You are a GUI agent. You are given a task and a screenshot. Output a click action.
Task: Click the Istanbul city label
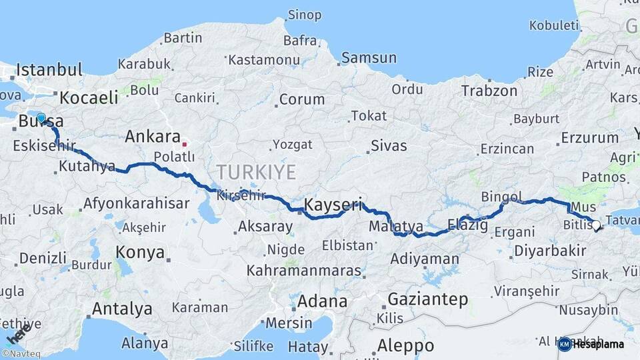point(49,69)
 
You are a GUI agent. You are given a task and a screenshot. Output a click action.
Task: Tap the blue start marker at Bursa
point(41,119)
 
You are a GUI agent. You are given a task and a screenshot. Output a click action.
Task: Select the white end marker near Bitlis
point(596,225)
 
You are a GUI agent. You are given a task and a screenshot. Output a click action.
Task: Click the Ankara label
point(152,137)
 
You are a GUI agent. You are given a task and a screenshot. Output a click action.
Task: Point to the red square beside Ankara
point(185,143)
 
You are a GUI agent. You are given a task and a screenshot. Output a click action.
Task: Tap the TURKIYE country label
point(255,172)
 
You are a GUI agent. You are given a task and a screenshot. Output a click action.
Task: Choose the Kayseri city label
point(333,203)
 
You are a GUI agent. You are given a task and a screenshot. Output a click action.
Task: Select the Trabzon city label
point(489,91)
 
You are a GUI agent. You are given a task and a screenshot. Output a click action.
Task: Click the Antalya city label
point(121,309)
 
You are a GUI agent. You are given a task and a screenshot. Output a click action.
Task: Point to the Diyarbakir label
point(550,251)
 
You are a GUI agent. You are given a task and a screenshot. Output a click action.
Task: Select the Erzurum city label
point(590,137)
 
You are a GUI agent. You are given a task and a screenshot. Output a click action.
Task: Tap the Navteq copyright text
point(21,353)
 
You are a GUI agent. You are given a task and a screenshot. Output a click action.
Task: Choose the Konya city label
point(140,252)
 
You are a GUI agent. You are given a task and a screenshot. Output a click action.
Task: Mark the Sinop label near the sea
point(304,15)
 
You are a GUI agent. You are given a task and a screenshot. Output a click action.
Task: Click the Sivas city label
point(389,145)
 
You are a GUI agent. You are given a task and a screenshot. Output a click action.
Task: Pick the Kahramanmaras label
point(303,271)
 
